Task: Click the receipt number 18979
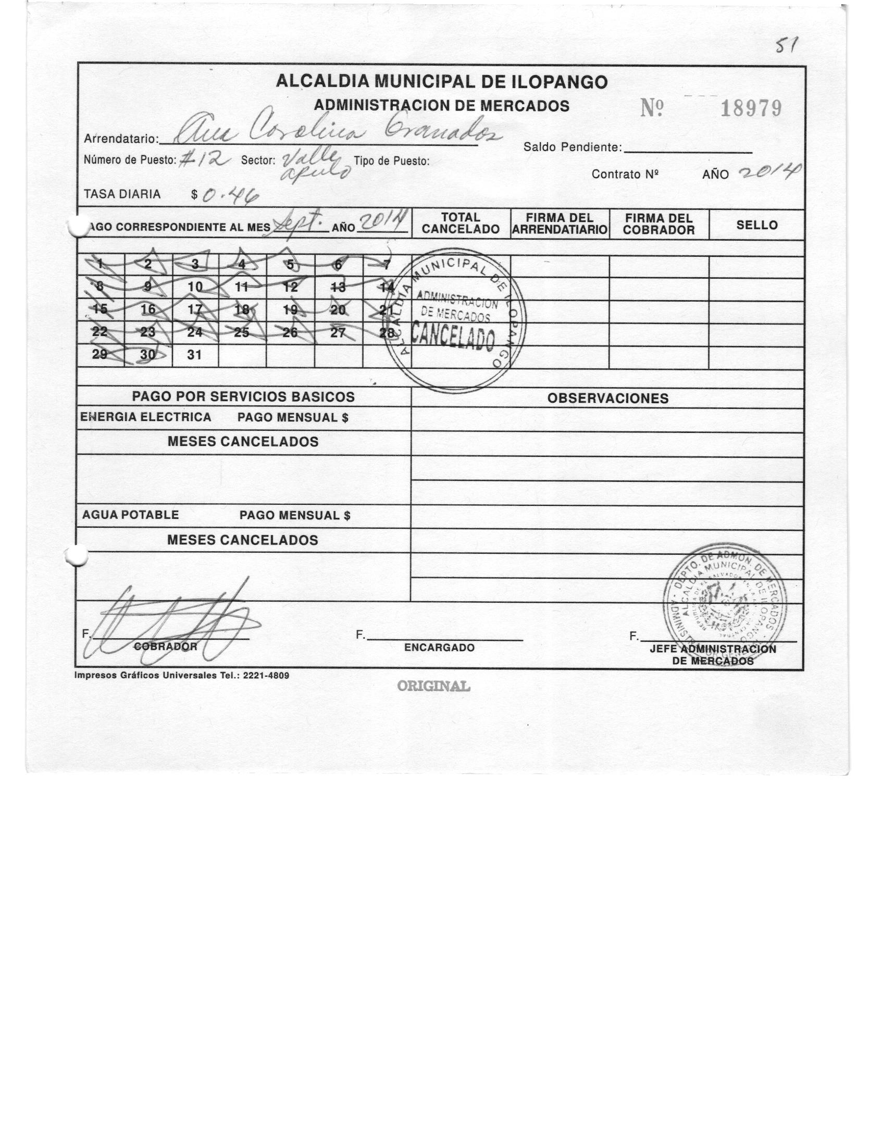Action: point(751,109)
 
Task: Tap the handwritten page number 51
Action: point(784,47)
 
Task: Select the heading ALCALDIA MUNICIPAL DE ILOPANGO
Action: point(441,82)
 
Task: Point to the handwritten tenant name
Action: point(337,130)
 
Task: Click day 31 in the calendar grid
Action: point(194,355)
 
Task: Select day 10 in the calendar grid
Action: point(195,287)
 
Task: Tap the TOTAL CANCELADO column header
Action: point(461,224)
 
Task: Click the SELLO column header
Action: point(756,225)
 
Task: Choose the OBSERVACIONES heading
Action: point(607,399)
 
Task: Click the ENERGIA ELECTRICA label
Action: point(146,417)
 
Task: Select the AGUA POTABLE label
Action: point(130,515)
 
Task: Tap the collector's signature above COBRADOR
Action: point(172,623)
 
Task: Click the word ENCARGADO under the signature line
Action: point(439,648)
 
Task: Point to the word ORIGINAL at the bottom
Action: point(433,687)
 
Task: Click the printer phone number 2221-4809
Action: point(266,676)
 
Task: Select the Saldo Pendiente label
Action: point(573,147)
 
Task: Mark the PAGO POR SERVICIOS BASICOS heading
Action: point(243,397)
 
